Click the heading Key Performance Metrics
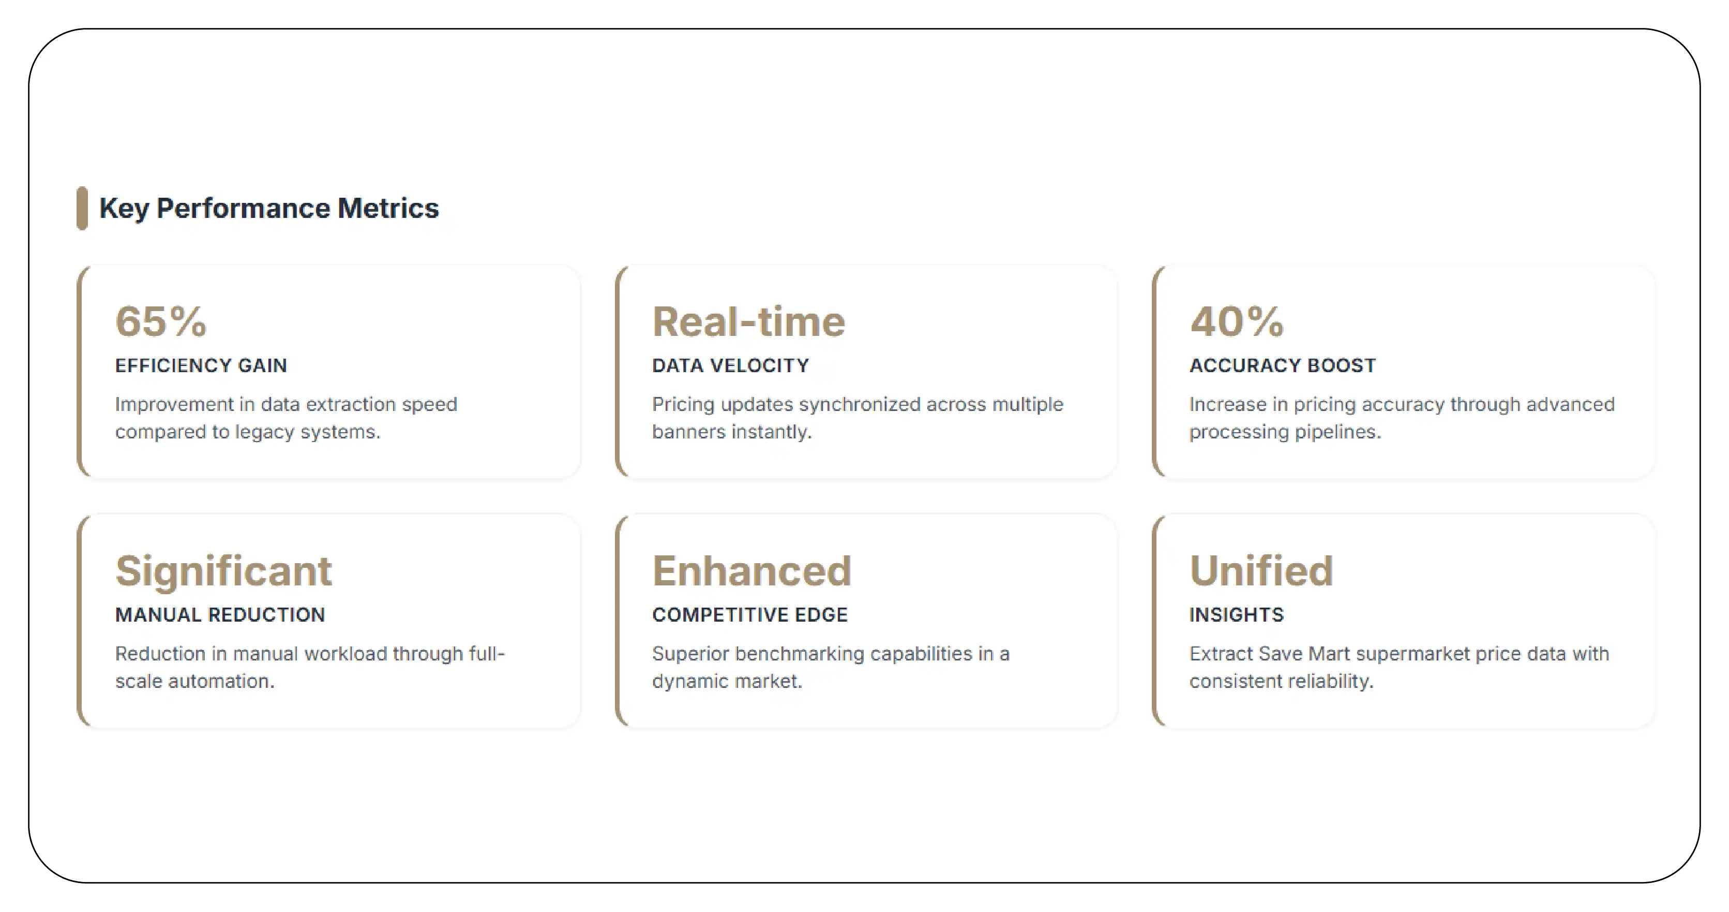tap(268, 208)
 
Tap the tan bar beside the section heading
tap(82, 208)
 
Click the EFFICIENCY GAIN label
tap(201, 365)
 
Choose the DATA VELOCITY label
tap(730, 365)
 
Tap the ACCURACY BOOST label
tap(1282, 365)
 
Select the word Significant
tap(223, 571)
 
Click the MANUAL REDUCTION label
tap(219, 614)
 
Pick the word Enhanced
tap(751, 571)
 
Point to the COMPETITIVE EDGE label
tap(750, 614)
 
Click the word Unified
tap(1260, 571)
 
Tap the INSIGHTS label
tap(1236, 614)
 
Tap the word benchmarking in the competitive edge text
tap(798, 653)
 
